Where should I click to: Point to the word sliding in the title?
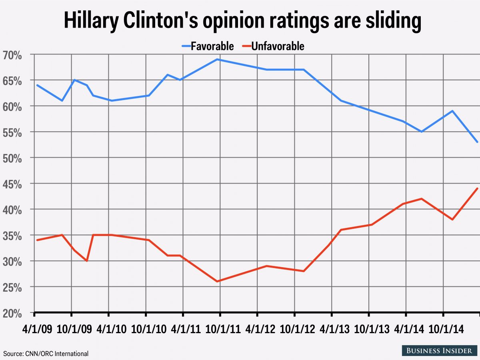click(388, 21)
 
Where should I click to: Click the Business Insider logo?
click(439, 350)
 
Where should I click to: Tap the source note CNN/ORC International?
click(46, 354)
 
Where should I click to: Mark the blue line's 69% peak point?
click(217, 59)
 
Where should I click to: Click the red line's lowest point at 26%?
click(217, 281)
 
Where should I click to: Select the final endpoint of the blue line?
click(477, 142)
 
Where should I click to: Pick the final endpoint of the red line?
click(477, 188)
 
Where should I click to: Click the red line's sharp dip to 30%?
click(87, 261)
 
